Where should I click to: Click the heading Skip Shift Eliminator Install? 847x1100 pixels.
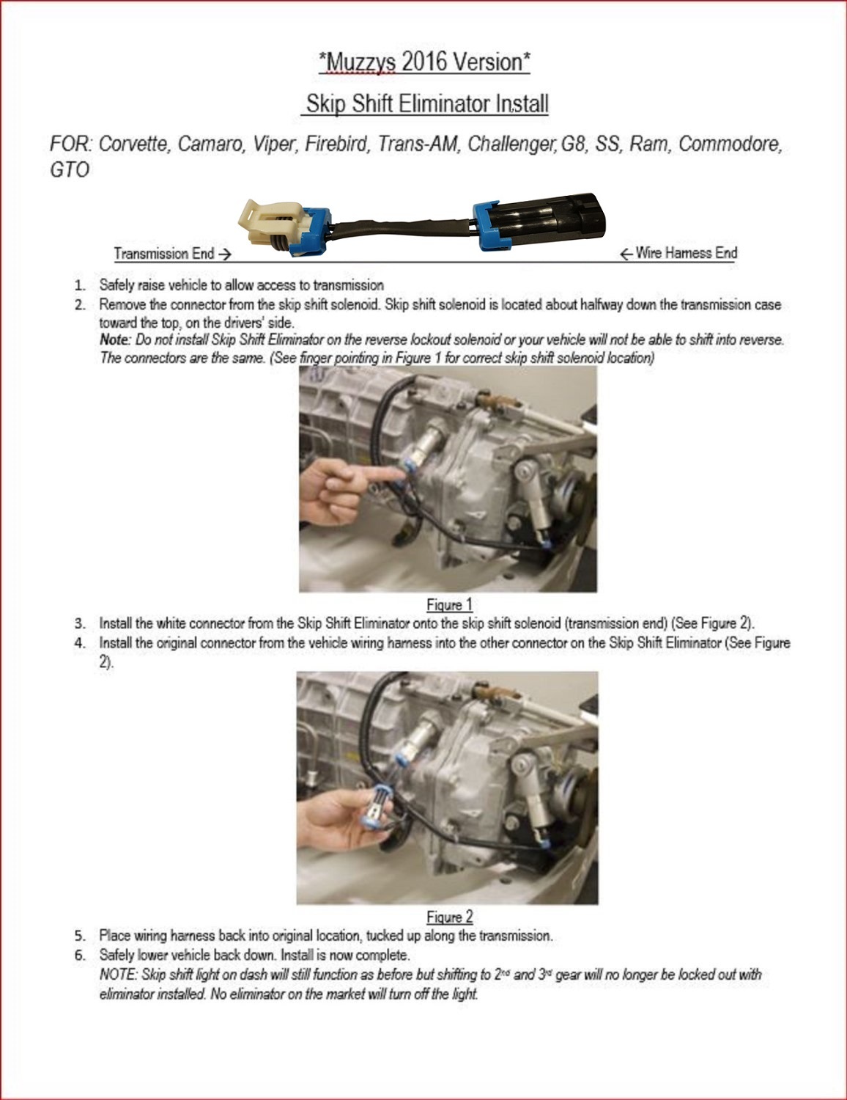(426, 103)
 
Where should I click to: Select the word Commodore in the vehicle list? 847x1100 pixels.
(730, 144)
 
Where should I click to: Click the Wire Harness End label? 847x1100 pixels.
(686, 253)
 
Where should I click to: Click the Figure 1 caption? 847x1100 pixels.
(449, 605)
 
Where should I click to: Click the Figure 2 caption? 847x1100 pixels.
(449, 917)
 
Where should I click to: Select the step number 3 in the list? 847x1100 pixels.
(80, 624)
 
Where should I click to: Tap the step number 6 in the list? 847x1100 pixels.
(80, 956)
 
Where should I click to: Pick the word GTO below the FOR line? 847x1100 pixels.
(70, 170)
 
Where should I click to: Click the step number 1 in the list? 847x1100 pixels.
(80, 285)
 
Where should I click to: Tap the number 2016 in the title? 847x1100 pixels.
(424, 62)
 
